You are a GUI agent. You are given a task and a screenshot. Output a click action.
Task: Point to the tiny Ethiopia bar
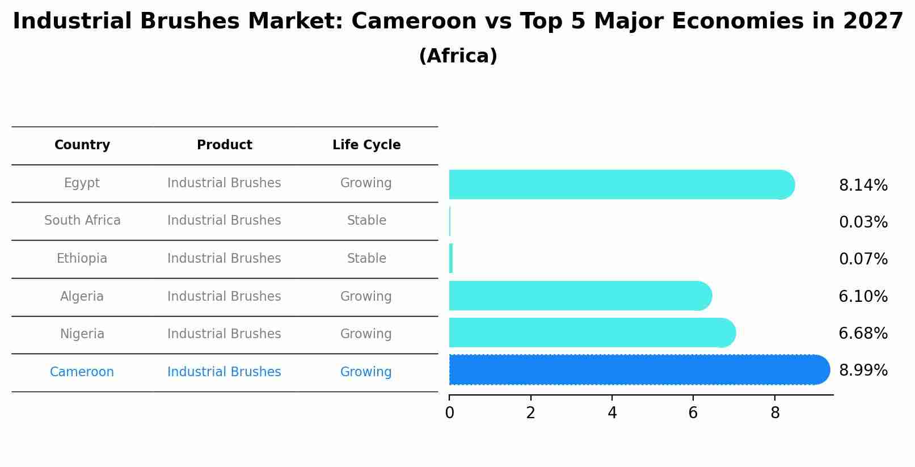451,259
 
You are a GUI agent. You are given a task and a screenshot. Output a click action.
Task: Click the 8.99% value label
863,371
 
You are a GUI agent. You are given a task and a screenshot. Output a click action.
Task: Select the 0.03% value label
863,222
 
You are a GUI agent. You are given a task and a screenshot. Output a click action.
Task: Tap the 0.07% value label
863,259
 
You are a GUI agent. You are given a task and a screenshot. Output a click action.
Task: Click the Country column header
82,145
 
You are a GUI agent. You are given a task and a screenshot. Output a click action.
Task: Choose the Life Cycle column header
366,145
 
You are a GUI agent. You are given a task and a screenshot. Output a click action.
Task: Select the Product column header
224,145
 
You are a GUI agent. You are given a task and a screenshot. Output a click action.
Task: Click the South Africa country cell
82,221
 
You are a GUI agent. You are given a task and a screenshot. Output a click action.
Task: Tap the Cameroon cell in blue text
82,372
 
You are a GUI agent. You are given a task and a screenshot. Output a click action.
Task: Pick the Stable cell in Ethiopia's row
366,259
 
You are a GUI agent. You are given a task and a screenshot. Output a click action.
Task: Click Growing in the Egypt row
366,183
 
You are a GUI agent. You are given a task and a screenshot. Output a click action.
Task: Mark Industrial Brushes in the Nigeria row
224,334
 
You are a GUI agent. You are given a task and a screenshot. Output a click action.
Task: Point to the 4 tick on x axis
612,413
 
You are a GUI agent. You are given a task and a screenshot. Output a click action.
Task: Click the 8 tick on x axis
775,413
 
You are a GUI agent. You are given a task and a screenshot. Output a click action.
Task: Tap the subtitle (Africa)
458,56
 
